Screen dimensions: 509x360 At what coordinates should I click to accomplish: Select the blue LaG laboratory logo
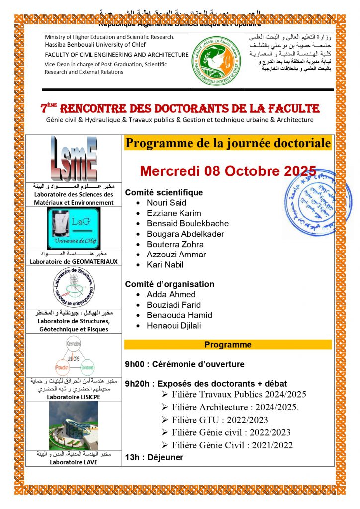(x=74, y=228)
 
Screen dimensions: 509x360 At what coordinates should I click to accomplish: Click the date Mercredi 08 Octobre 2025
(x=228, y=171)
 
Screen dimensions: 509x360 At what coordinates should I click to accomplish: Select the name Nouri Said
(x=167, y=203)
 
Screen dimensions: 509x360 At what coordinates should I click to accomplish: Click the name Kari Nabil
(x=165, y=265)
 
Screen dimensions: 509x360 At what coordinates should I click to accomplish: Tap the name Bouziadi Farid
(x=174, y=305)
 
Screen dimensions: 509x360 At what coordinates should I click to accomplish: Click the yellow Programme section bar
(x=228, y=344)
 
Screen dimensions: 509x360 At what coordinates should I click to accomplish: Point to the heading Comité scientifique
(x=164, y=192)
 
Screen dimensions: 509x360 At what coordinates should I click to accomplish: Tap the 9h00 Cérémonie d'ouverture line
(x=184, y=364)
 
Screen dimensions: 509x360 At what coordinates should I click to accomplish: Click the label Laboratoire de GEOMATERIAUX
(x=74, y=262)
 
